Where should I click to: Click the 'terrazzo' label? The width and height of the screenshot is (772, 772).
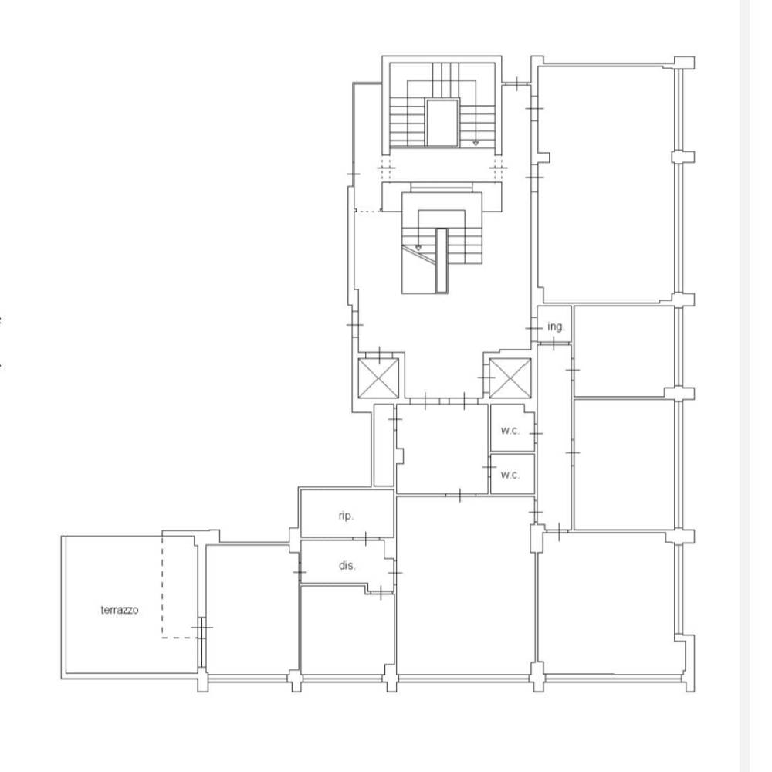(x=119, y=610)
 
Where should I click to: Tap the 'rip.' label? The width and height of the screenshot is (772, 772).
(x=346, y=516)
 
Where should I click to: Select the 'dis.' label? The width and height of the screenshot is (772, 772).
(x=347, y=566)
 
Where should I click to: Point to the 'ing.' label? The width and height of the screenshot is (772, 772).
(x=556, y=327)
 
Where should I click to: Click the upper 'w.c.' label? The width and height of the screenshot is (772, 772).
(x=510, y=430)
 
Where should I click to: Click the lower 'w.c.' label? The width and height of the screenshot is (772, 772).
(x=510, y=475)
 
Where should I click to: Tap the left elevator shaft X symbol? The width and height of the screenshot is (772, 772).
(x=378, y=378)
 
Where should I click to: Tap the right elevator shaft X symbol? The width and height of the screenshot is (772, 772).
(x=510, y=378)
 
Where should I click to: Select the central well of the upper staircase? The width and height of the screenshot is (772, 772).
(x=442, y=123)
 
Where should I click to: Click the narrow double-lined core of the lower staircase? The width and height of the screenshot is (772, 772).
(x=442, y=260)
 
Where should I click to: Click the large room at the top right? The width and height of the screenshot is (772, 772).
(x=605, y=185)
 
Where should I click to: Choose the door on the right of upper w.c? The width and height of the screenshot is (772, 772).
(x=537, y=434)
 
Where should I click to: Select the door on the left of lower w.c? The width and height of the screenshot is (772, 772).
(x=489, y=467)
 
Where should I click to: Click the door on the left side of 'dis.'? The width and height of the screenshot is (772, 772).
(x=300, y=572)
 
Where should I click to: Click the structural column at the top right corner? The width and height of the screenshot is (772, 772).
(x=684, y=63)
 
